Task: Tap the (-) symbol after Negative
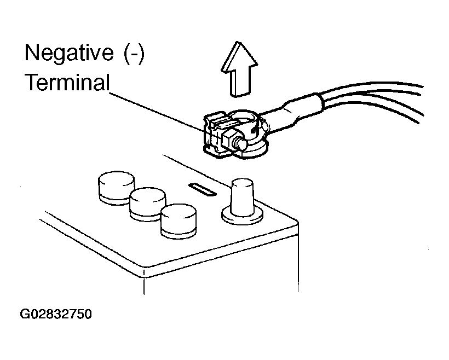(132, 54)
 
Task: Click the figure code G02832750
(55, 315)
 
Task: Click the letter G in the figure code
(25, 315)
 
